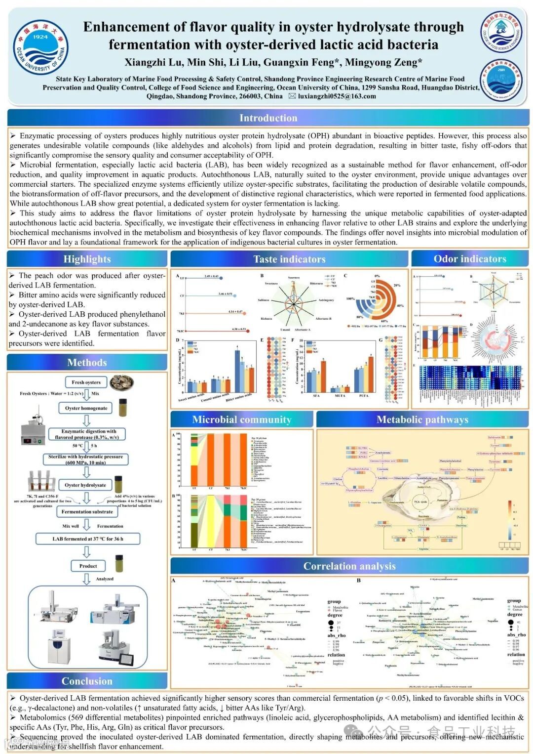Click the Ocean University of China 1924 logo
(40, 47)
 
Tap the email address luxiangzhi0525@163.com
(337, 96)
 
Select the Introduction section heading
(268, 118)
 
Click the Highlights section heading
(87, 259)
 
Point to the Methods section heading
(87, 363)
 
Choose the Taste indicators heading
(289, 259)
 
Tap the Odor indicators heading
(469, 259)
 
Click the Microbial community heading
(241, 419)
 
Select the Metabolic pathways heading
(422, 419)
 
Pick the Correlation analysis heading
(349, 566)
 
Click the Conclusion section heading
(87, 681)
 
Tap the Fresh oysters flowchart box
(86, 382)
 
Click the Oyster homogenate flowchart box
(86, 408)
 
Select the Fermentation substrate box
(87, 512)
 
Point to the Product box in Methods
(88, 566)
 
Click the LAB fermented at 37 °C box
(88, 539)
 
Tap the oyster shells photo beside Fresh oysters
(121, 382)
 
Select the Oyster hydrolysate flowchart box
(85, 485)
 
